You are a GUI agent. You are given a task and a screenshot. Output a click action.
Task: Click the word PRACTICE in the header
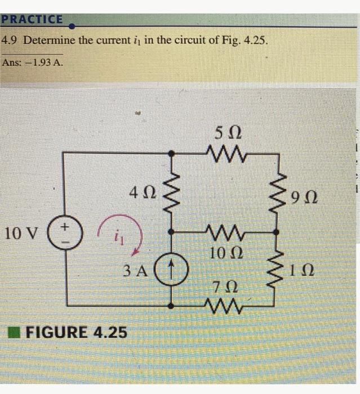(32, 20)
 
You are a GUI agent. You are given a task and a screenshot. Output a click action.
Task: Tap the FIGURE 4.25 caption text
(76, 332)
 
